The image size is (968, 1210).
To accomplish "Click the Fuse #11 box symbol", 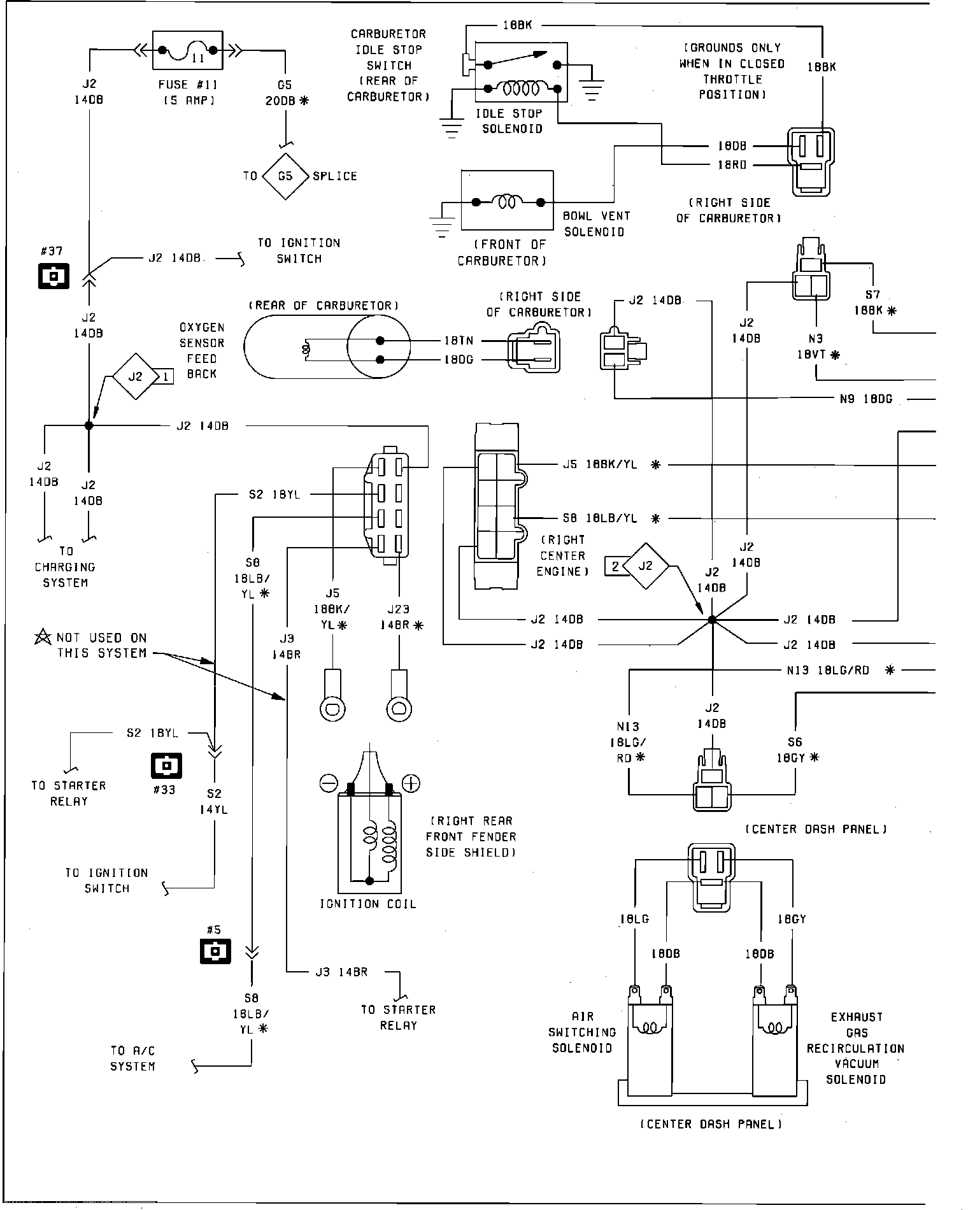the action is pos(188,50).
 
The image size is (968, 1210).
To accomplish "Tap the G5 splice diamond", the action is pos(285,176).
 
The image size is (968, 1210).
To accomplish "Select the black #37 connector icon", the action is pos(53,276).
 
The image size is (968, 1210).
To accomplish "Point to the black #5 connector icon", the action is pos(215,951).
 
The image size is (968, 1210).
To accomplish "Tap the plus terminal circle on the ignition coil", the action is pos(411,783).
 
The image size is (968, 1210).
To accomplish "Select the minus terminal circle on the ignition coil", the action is pos(329,783).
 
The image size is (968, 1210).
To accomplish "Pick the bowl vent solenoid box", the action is pos(507,200).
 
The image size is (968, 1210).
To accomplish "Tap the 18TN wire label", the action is pos(459,341).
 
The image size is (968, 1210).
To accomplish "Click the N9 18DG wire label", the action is pos(865,399).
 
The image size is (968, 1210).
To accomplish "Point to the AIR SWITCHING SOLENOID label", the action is pos(582,1032).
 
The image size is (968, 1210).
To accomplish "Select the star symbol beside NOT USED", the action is pos(43,636).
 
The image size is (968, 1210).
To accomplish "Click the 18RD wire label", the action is pos(732,165).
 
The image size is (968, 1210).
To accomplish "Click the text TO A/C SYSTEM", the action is pos(132,1058).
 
